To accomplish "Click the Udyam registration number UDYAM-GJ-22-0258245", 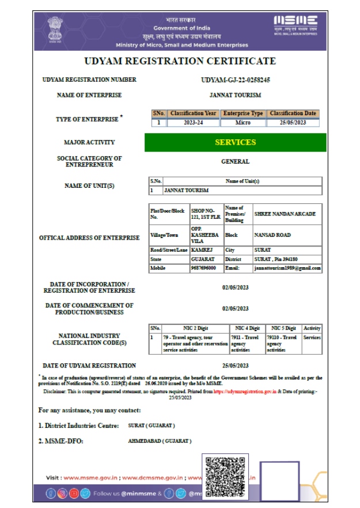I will [x=235, y=80].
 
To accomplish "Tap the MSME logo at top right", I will [x=295, y=24].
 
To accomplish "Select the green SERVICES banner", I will [x=235, y=142].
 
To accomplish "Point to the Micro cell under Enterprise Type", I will [x=242, y=123].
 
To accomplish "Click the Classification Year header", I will [x=194, y=113].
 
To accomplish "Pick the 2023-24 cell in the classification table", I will [x=194, y=123].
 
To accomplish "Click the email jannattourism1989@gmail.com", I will [x=287, y=268].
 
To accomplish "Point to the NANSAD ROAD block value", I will [x=272, y=235].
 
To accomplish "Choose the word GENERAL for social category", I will [x=235, y=162].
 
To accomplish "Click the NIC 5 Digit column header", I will [x=283, y=328].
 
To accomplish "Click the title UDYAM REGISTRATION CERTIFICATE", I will [x=180, y=61].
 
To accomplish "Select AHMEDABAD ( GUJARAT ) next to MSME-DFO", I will [x=160, y=441].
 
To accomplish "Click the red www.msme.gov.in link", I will [x=90, y=477].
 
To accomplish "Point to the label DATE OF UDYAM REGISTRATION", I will [x=90, y=366].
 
